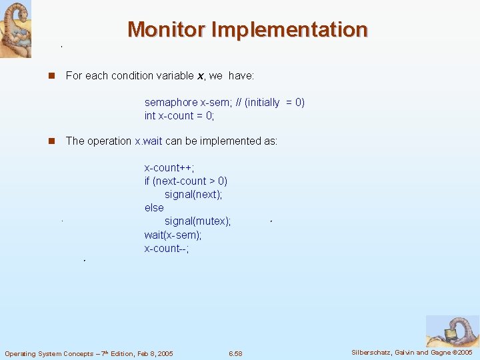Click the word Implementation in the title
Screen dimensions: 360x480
click(x=289, y=29)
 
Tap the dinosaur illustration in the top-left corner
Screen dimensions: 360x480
click(x=15, y=29)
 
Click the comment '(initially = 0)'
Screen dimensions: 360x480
click(x=275, y=103)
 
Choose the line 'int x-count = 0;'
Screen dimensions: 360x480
click(x=179, y=116)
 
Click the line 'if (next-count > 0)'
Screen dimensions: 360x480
click(x=186, y=181)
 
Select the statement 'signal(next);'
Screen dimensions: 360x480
click(x=193, y=195)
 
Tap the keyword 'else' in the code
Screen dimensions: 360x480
click(x=154, y=208)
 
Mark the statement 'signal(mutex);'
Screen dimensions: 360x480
click(x=197, y=221)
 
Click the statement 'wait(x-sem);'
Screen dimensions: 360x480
click(x=173, y=235)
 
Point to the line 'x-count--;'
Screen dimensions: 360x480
click(x=167, y=248)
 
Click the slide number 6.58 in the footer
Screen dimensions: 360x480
click(x=235, y=353)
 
